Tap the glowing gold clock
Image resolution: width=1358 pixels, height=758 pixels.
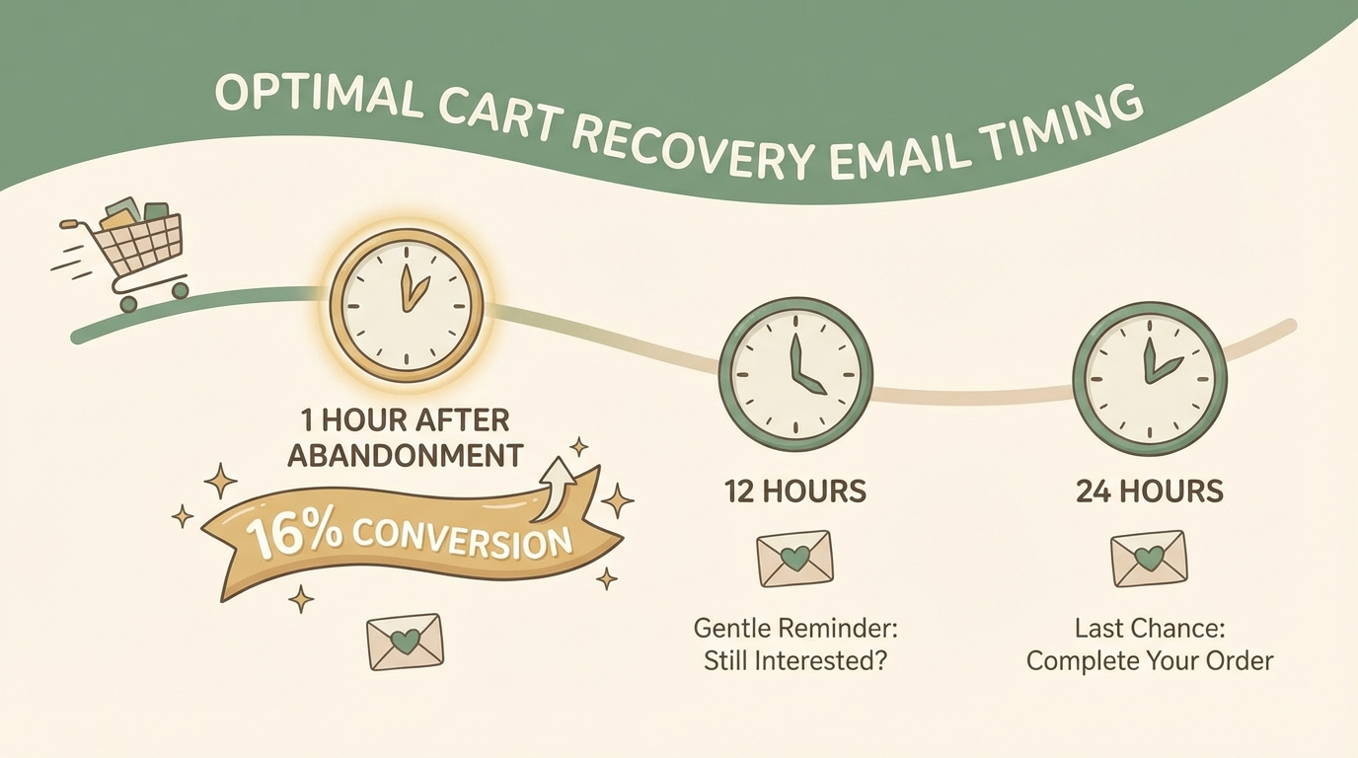[x=407, y=306]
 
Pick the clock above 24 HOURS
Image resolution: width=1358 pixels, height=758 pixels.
[x=1150, y=377]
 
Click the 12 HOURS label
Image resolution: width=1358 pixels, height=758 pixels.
[x=794, y=491]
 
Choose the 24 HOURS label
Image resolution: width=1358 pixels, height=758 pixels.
[x=1150, y=491]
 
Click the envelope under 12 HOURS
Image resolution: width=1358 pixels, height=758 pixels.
[x=794, y=559]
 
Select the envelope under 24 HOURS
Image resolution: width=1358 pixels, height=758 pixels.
[x=1149, y=559]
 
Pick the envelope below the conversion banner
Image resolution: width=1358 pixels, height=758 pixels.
[x=404, y=642]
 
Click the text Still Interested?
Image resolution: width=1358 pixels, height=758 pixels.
[x=794, y=660]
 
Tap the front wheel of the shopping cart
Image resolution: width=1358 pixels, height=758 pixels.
[x=180, y=290]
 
